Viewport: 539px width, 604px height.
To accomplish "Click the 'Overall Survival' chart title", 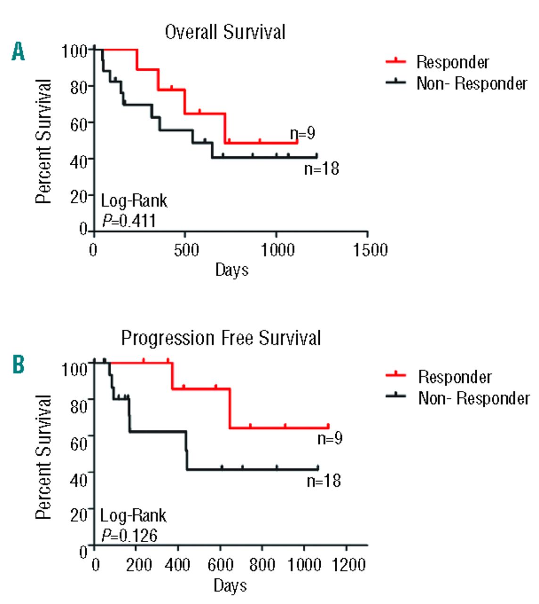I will click(x=225, y=33).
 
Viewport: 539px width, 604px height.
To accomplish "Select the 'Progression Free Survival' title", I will click(x=221, y=338).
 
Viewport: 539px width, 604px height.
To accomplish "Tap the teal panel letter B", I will click(x=18, y=364).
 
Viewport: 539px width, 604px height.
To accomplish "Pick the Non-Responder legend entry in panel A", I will click(x=471, y=84).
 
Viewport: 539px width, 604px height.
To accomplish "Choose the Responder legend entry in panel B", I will click(x=455, y=377).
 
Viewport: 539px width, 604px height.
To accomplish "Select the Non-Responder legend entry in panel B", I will click(x=473, y=398).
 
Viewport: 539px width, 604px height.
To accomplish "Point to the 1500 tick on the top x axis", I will click(x=371, y=250).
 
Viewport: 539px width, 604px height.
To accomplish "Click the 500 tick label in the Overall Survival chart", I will click(x=186, y=250).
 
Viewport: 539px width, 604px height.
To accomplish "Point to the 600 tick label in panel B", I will click(x=221, y=564).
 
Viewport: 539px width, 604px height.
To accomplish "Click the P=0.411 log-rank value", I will click(x=129, y=220).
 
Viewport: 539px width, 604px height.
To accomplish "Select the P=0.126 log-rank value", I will click(x=129, y=536).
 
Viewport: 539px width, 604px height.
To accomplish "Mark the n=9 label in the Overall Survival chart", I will click(x=303, y=134).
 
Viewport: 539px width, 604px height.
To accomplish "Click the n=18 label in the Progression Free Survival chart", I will click(x=323, y=481).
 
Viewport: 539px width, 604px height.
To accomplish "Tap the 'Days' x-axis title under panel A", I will click(x=232, y=270).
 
